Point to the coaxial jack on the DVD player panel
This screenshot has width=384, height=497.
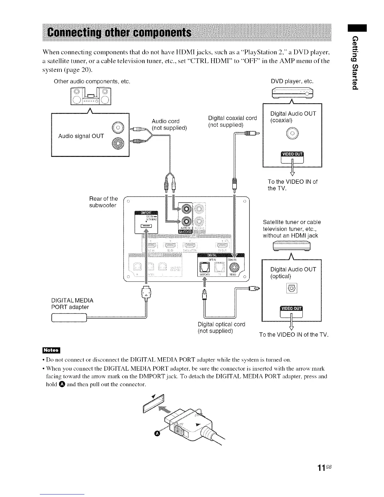click(x=292, y=134)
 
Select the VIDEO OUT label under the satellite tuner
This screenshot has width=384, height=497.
click(x=291, y=308)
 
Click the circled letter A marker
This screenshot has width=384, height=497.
click(x=157, y=434)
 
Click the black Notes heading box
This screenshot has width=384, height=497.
click(x=51, y=350)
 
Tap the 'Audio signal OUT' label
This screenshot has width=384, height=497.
click(x=81, y=136)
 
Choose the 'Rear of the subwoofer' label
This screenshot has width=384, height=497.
click(x=103, y=202)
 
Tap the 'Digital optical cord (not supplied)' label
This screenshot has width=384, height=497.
click(x=221, y=327)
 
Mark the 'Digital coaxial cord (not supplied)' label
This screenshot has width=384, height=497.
click(x=232, y=121)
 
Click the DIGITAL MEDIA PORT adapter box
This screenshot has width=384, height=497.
click(x=68, y=319)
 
